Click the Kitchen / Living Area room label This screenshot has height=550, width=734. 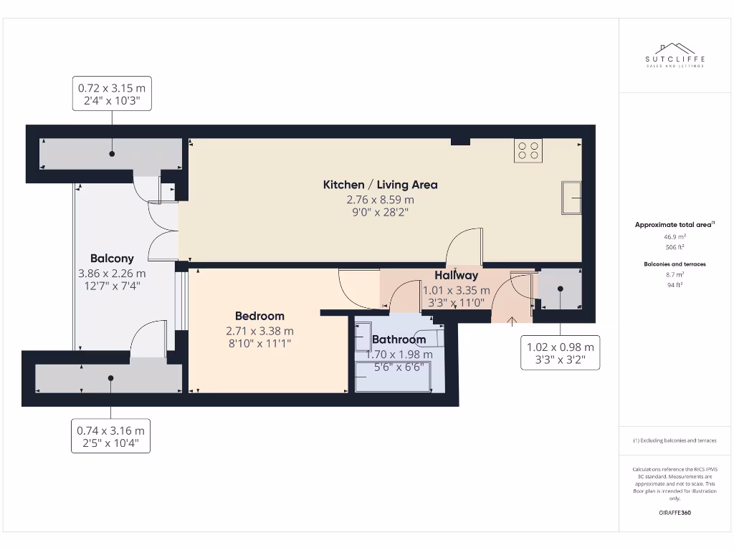pyautogui.click(x=380, y=185)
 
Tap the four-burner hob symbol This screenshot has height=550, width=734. pyautogui.click(x=528, y=150)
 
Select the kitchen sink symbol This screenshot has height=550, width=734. pyautogui.click(x=571, y=197)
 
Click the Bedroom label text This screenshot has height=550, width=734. pyautogui.click(x=259, y=316)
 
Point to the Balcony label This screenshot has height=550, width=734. pyautogui.click(x=112, y=259)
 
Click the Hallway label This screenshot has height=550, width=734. pyautogui.click(x=456, y=275)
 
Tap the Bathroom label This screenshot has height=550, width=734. pyautogui.click(x=399, y=339)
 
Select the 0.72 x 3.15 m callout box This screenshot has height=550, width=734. pyautogui.click(x=112, y=95)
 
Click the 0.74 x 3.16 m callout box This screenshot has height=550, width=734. pyautogui.click(x=110, y=437)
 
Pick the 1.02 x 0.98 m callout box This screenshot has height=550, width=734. pyautogui.click(x=561, y=353)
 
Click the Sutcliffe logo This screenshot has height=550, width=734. pyautogui.click(x=675, y=55)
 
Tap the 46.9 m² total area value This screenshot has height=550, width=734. pyautogui.click(x=674, y=236)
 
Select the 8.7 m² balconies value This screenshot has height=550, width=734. pyautogui.click(x=674, y=274)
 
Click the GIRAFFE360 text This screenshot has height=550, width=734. pyautogui.click(x=674, y=513)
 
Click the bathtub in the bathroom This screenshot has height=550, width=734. pyautogui.click(x=393, y=376)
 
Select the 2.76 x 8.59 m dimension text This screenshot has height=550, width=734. pyautogui.click(x=380, y=200)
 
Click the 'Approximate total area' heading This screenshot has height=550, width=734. pyautogui.click(x=674, y=225)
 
